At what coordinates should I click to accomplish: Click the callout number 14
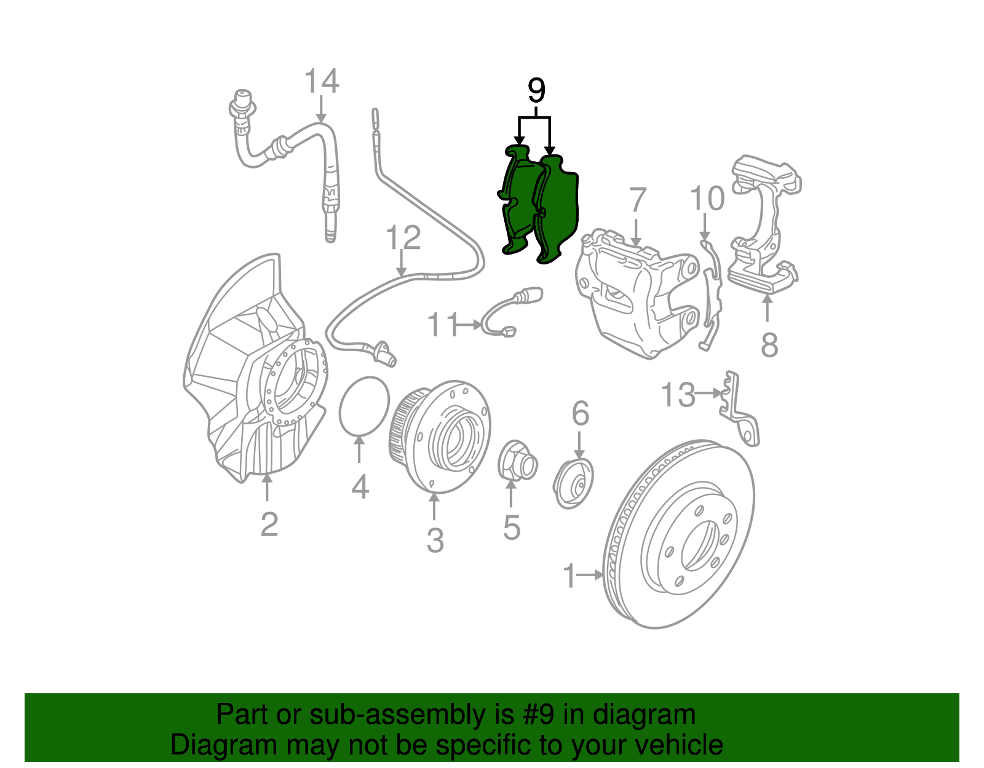(322, 82)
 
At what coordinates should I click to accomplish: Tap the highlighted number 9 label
(536, 92)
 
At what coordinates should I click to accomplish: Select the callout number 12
(403, 237)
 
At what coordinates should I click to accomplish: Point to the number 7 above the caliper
(638, 200)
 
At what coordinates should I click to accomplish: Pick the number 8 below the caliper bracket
(769, 345)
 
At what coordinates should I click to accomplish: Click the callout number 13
(677, 395)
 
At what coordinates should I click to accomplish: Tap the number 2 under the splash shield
(269, 525)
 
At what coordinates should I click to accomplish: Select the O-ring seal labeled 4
(365, 406)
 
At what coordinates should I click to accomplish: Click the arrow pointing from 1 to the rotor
(591, 575)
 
